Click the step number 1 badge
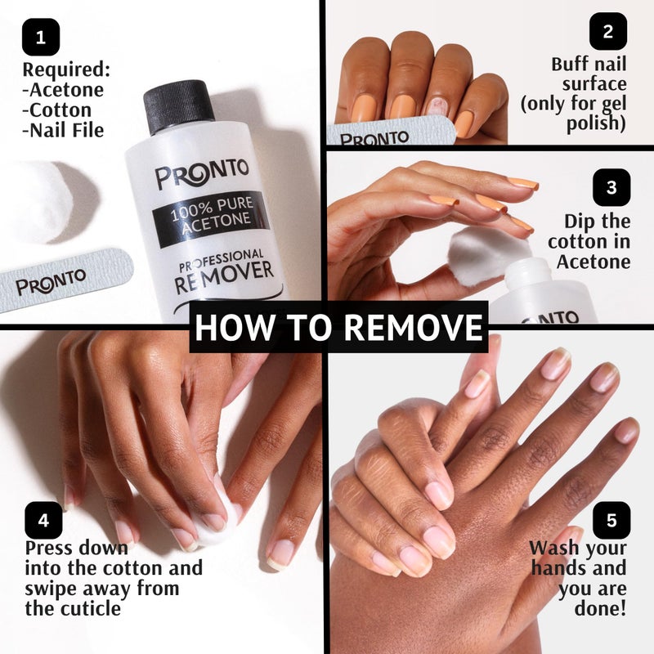[x=41, y=37]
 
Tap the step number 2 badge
[x=607, y=32]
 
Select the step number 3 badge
[x=611, y=187]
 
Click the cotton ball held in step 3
[x=482, y=253]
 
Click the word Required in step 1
[x=65, y=69]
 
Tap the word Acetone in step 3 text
[x=594, y=262]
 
